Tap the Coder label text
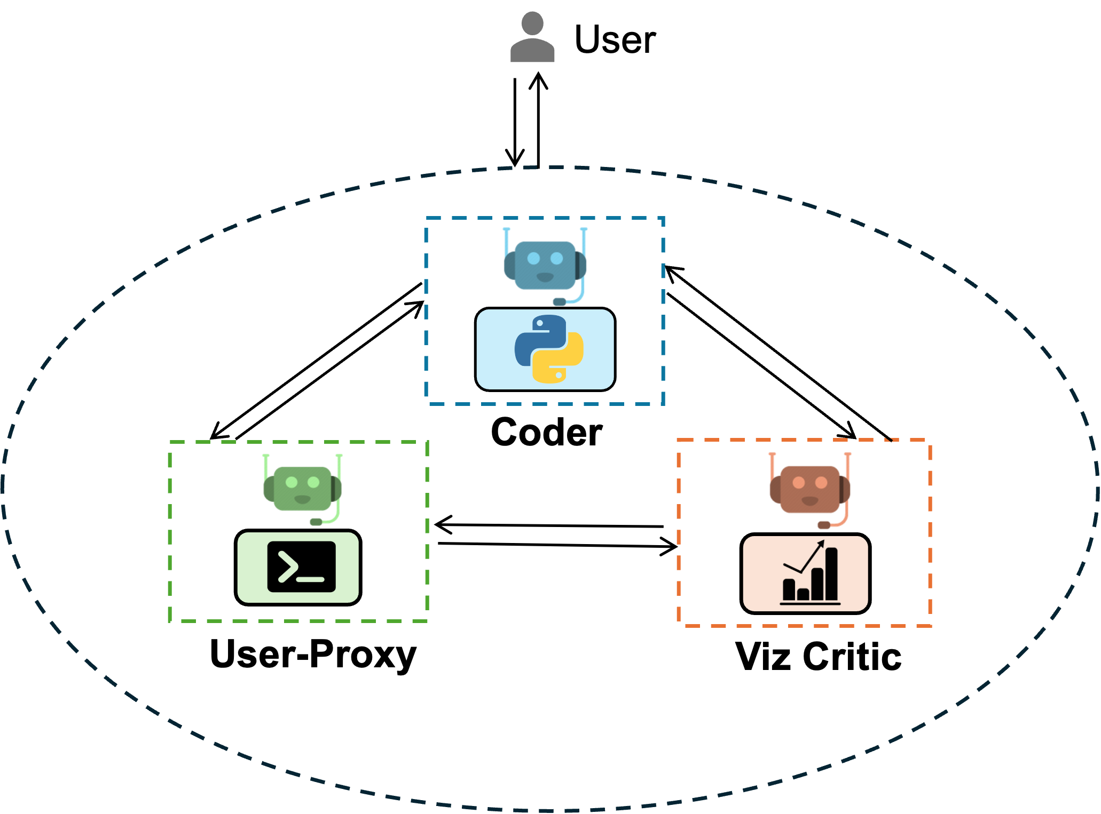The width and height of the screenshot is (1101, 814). pos(546,432)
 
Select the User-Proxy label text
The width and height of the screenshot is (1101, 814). pos(313,654)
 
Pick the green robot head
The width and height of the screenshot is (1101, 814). pos(302,488)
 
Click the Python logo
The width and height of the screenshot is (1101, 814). pos(548,349)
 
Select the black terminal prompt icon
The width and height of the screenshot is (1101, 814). pos(302,567)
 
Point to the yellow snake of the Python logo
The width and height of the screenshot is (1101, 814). pos(561,363)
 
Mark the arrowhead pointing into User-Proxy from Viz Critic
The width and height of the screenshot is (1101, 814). pos(439,524)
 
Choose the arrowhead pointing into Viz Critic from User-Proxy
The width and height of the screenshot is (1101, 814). pos(673,546)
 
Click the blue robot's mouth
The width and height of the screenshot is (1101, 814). pos(545,277)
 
